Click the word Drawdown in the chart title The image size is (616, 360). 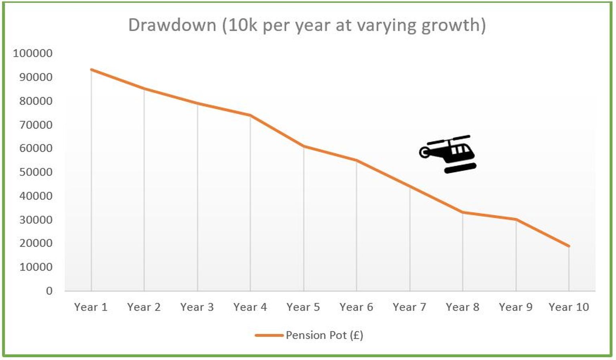coord(172,25)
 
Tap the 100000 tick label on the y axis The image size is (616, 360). coord(32,53)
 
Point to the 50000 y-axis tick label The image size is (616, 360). coord(36,172)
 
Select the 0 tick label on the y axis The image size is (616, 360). coord(49,291)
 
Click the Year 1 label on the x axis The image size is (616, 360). coord(91,307)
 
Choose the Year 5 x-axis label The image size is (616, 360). coord(303,307)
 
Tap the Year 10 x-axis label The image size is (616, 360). coord(569,307)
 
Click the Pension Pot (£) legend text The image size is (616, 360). coord(324,335)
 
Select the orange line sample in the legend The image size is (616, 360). coord(269,335)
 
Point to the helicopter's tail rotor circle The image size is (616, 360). coord(424,152)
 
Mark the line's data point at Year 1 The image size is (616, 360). coord(91,70)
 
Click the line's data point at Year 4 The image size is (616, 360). coord(250,115)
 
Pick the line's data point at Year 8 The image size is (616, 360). coord(463,212)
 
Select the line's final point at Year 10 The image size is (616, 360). coord(569,246)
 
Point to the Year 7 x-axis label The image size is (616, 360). coord(409,307)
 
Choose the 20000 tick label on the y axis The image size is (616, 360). coord(36,243)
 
